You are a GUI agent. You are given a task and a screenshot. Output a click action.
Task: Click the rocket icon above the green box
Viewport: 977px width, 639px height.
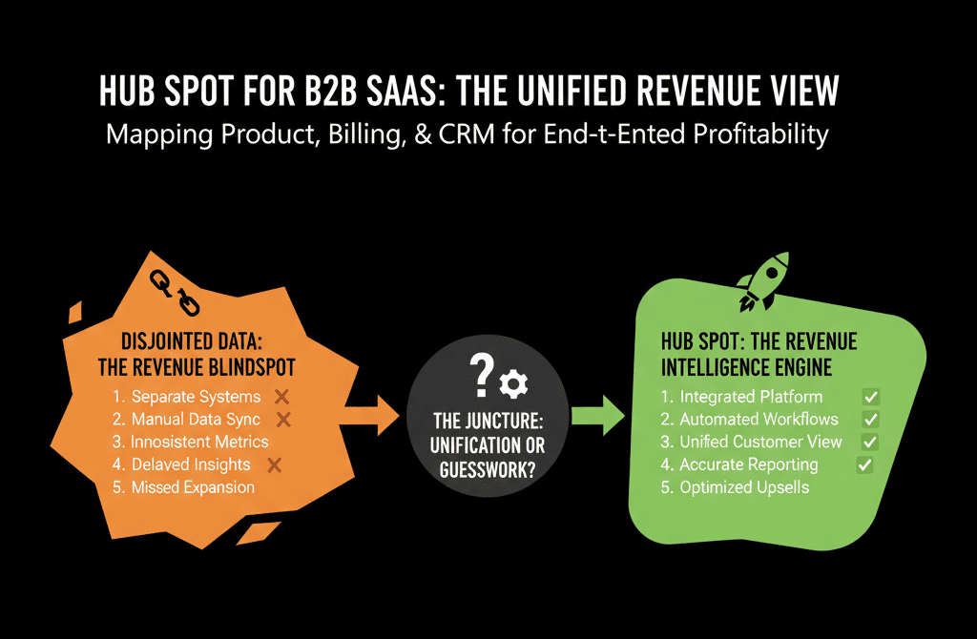click(x=764, y=281)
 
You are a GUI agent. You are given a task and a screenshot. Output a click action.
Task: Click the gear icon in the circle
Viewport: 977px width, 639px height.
click(x=513, y=384)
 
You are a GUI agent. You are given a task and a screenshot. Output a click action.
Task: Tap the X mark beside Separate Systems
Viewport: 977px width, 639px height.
click(x=281, y=396)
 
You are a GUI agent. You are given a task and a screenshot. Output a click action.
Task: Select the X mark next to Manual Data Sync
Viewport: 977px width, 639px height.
click(x=282, y=419)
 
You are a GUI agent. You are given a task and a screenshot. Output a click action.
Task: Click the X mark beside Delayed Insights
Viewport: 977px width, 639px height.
click(x=274, y=464)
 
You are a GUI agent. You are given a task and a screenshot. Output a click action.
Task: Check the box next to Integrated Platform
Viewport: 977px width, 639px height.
click(x=869, y=396)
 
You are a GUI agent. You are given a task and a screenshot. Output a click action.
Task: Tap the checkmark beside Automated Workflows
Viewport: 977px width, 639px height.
click(x=869, y=419)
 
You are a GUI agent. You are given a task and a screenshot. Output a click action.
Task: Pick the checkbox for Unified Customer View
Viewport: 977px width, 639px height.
click(x=869, y=442)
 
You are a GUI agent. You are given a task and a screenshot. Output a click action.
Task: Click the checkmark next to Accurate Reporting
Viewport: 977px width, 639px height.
click(x=864, y=464)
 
